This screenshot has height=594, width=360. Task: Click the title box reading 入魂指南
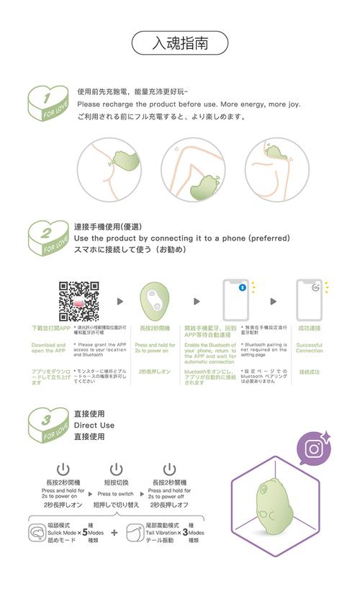[180, 43]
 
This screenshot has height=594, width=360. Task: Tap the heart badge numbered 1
[50, 106]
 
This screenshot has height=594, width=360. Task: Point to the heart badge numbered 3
[50, 426]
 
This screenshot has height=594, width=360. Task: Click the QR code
[78, 300]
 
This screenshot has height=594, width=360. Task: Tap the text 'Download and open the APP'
[48, 348]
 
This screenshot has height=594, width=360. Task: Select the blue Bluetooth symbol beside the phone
[242, 287]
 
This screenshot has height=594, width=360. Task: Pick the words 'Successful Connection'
[309, 348]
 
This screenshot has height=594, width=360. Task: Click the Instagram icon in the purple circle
[314, 449]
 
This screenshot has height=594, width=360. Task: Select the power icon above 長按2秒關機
[170, 470]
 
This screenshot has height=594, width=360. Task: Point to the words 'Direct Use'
[94, 426]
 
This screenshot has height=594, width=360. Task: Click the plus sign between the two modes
[114, 534]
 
